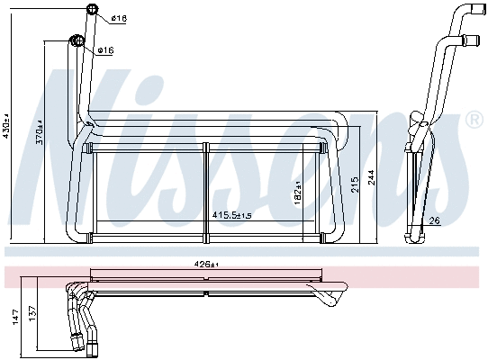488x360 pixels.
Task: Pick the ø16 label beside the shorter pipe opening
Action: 105,49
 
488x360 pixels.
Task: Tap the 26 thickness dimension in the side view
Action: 435,221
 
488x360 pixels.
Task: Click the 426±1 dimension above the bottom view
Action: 207,265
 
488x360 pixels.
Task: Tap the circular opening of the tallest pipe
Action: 91,11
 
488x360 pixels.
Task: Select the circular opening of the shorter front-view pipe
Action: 76,40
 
